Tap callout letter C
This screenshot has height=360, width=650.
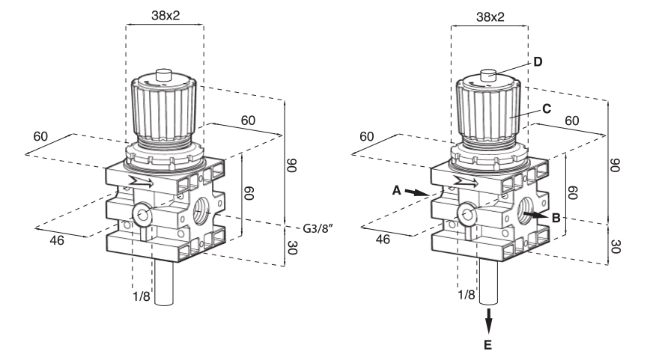coord(547,109)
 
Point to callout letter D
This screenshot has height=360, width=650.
coord(537,61)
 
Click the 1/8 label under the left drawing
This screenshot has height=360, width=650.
coord(142,294)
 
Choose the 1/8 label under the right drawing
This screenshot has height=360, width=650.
coord(466,294)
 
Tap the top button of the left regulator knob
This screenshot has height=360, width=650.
coord(164,76)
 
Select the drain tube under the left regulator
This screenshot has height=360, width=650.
coord(164,281)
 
